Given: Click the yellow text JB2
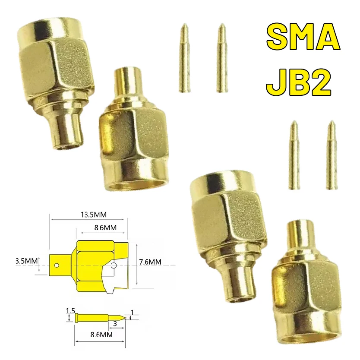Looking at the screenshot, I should [x=299, y=83].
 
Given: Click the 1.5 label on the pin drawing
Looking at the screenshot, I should [x=70, y=310].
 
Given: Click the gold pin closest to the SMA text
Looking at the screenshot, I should [x=222, y=58].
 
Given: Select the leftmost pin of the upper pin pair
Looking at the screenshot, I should [x=184, y=58].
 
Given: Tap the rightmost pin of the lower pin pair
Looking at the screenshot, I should [x=332, y=155].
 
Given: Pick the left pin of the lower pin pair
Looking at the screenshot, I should [x=294, y=155].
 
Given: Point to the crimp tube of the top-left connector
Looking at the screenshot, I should [x=69, y=129].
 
